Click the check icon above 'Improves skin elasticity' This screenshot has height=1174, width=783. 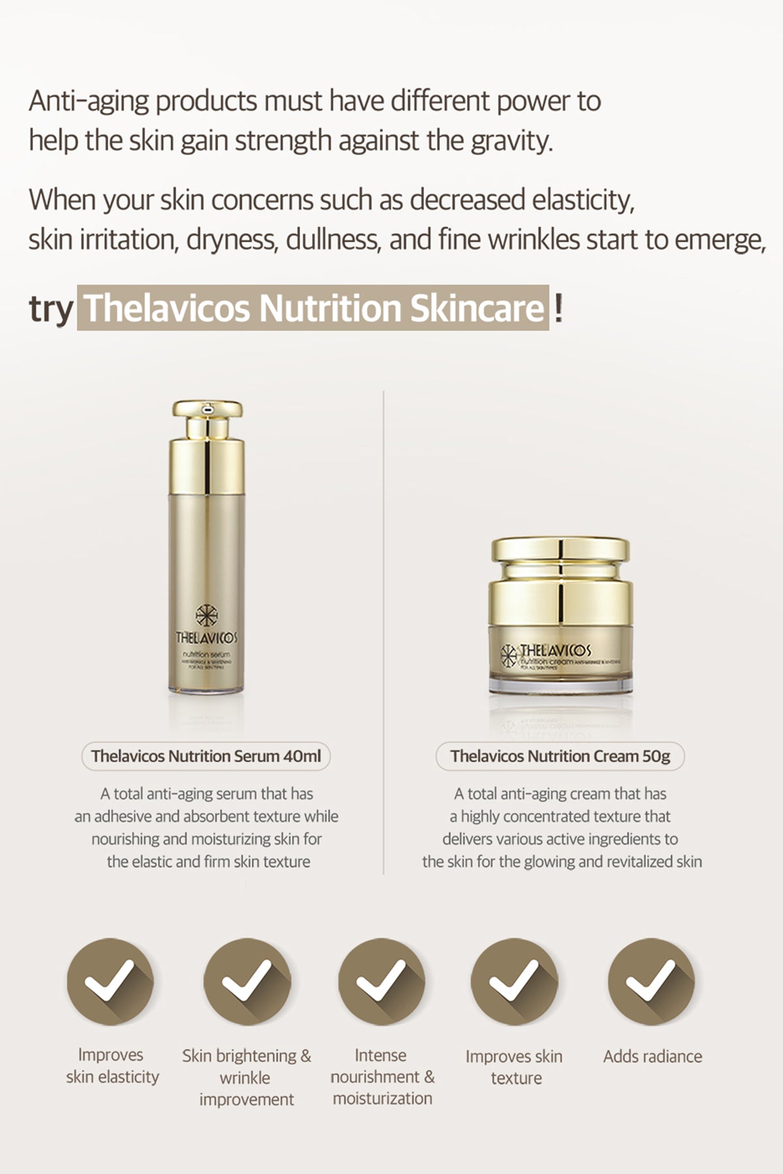point(110,982)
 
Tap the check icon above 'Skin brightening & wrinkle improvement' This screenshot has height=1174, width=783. point(247,982)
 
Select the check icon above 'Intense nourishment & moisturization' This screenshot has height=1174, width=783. point(382,982)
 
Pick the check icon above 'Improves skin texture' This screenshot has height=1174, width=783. point(514,982)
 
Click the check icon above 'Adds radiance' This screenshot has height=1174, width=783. point(651,982)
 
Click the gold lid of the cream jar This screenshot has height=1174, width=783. point(560,574)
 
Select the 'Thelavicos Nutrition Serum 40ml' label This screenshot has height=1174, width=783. point(206,757)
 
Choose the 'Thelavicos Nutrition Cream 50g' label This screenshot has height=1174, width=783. point(560,757)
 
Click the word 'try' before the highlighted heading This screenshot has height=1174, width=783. point(50,309)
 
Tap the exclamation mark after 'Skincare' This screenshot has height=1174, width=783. point(558,308)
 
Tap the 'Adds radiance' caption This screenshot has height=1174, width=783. point(652,1057)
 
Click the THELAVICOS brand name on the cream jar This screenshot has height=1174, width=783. point(555,650)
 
